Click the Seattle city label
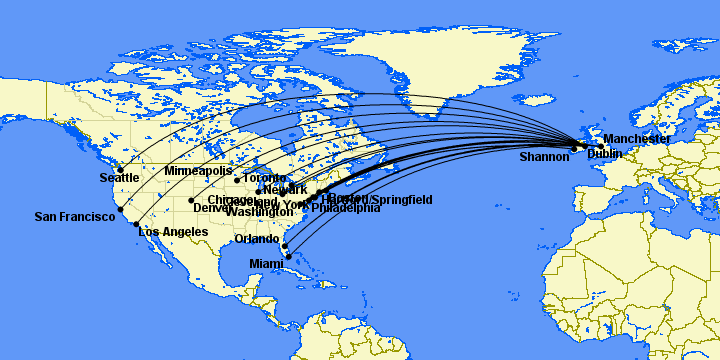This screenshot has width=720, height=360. tap(119, 178)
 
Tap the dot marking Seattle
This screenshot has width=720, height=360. tap(120, 169)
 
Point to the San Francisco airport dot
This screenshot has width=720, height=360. tap(120, 210)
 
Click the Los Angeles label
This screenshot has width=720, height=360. tap(173, 232)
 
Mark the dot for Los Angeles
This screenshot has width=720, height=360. tap(137, 224)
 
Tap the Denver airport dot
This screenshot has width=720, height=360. tap(191, 200)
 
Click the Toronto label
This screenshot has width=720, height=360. tap(265, 178)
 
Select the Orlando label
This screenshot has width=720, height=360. tap(257, 239)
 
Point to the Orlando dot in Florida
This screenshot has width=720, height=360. tap(284, 245)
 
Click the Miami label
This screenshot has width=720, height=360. tap(267, 263)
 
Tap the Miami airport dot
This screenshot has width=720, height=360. tap(288, 256)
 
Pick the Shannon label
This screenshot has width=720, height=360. tap(544, 157)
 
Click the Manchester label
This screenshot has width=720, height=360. tap(637, 139)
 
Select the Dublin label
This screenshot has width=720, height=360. tap(604, 154)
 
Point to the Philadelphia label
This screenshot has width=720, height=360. tap(346, 209)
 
